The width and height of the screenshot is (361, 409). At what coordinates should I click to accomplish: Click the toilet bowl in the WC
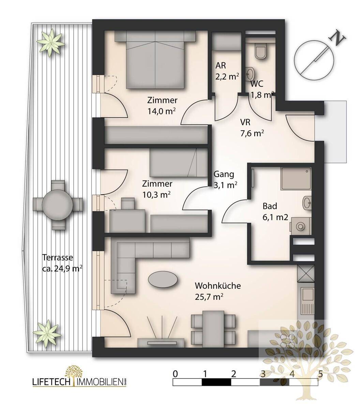[260, 53]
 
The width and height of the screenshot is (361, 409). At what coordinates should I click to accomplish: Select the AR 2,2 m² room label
[227, 71]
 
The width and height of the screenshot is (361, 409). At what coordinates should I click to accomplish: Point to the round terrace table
[57, 205]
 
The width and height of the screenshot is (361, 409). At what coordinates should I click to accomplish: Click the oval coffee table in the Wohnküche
[163, 279]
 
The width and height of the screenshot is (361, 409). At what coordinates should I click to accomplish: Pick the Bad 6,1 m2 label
[275, 212]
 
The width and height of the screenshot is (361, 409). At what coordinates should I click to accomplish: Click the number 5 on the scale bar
[320, 374]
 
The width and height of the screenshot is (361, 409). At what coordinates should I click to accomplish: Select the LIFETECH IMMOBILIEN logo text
[79, 382]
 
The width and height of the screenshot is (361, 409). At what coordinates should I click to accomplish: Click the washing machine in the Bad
[301, 226]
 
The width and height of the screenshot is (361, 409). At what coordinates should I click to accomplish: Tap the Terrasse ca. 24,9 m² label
[62, 263]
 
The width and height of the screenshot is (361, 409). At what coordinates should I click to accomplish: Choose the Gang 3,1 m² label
[225, 180]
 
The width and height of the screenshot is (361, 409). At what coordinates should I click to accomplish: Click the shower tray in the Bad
[296, 179]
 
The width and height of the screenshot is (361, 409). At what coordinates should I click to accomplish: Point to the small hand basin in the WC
[250, 74]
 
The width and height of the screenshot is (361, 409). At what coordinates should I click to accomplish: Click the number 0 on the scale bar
[175, 374]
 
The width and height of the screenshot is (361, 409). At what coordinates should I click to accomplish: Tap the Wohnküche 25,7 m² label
[218, 291]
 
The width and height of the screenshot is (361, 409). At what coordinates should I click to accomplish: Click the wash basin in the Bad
[307, 203]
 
